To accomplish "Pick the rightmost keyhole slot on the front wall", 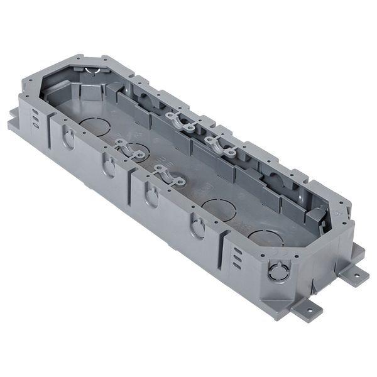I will [198, 227].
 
